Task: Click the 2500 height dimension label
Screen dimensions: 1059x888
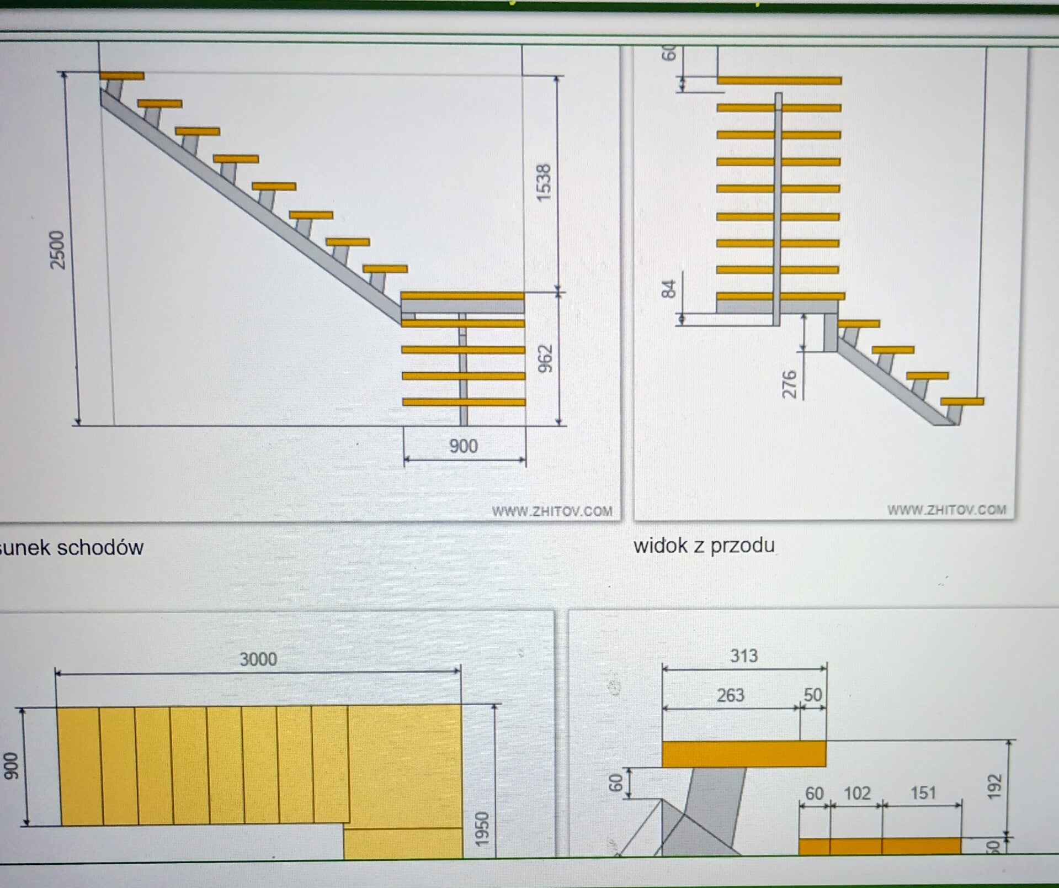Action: coord(58,250)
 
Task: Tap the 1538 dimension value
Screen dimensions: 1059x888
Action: coord(544,182)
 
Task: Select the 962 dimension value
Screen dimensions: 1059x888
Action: coord(545,358)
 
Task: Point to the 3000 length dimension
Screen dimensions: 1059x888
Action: coord(258,659)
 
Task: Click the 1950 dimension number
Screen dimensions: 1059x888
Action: coord(482,828)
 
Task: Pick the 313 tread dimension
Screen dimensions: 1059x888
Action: coord(743,656)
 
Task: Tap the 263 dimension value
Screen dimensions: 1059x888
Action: coord(730,695)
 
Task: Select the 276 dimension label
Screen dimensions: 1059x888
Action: coord(790,384)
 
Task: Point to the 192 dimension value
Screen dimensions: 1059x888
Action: coord(995,786)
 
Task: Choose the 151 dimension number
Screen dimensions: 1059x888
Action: coord(922,793)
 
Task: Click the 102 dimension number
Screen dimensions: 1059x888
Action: coord(856,793)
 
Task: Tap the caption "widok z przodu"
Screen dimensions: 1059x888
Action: coord(704,546)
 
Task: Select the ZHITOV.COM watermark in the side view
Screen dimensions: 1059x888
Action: coord(552,511)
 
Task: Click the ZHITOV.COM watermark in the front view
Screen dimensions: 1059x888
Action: coord(946,510)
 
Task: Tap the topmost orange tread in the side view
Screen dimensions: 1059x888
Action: coord(122,76)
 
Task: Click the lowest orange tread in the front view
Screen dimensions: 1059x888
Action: coord(962,401)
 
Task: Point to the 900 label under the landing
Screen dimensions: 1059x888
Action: coord(463,446)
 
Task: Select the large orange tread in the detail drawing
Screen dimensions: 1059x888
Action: coord(743,754)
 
